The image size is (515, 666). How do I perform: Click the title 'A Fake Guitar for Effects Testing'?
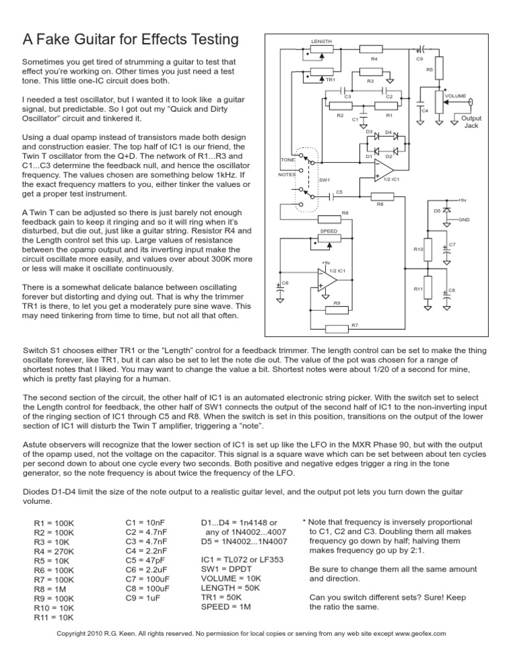(x=131, y=40)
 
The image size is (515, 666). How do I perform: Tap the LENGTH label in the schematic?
(x=321, y=41)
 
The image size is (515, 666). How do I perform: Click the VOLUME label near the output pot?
(x=457, y=96)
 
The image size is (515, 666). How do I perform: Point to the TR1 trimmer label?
(x=330, y=80)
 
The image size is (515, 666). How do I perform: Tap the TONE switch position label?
(x=288, y=160)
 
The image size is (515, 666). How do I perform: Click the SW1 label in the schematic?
(x=325, y=180)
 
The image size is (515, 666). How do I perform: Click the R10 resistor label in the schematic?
(x=418, y=249)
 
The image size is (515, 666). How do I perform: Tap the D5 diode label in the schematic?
(x=437, y=211)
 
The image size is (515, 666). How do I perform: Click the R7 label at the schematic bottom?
(x=355, y=326)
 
